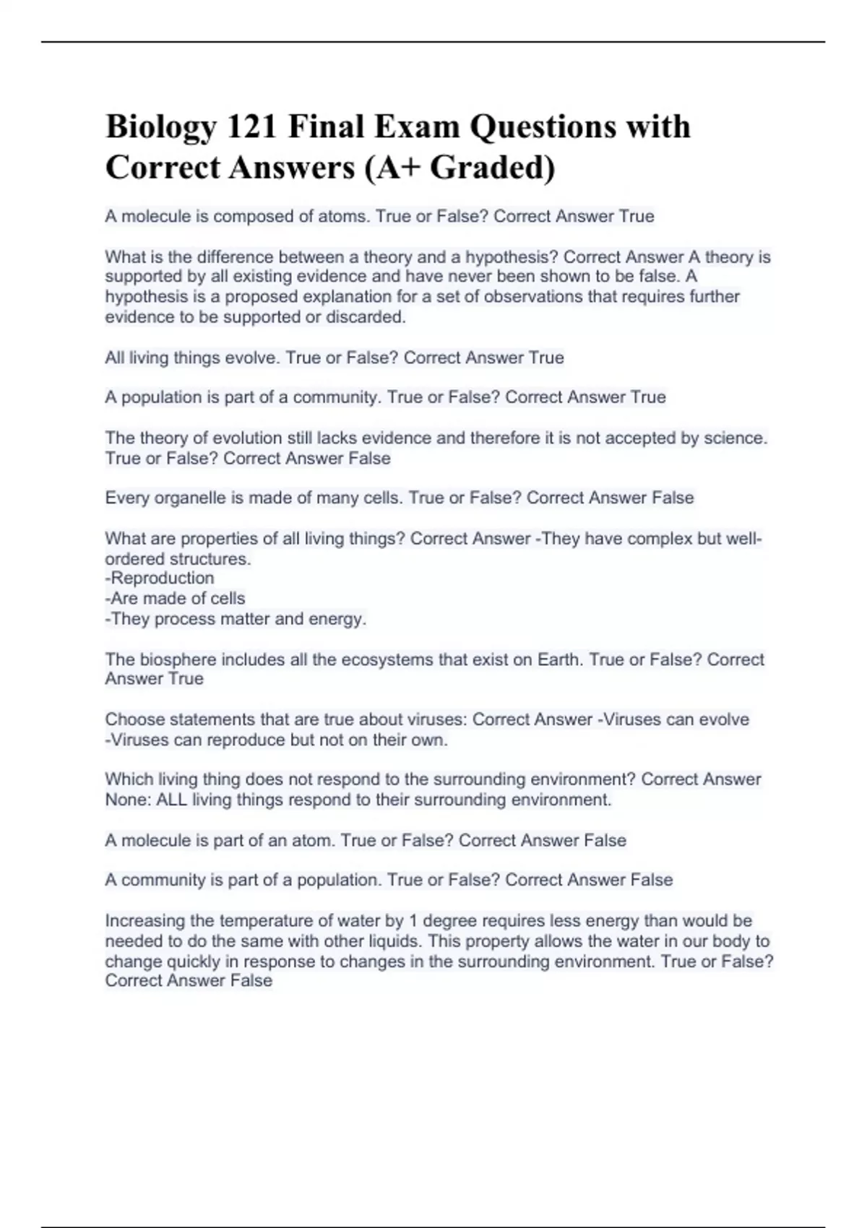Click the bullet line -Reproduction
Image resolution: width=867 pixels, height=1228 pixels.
[160, 578]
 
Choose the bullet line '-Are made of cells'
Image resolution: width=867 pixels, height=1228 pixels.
[175, 598]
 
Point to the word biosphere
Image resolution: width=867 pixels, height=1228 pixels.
[178, 660]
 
